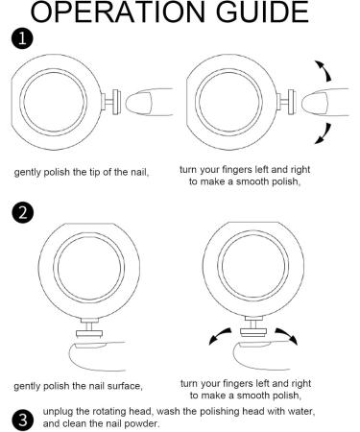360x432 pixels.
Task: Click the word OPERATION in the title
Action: click(x=117, y=12)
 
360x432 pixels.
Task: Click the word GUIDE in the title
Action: click(x=262, y=12)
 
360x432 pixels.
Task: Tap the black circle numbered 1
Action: click(x=22, y=39)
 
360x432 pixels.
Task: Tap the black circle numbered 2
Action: click(x=22, y=212)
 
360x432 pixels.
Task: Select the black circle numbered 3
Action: click(x=22, y=420)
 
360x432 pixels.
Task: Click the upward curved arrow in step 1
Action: click(x=324, y=70)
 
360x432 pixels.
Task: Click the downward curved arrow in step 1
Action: click(x=324, y=133)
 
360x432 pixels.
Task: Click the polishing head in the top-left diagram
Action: click(x=116, y=102)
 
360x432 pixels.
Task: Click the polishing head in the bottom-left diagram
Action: click(x=89, y=334)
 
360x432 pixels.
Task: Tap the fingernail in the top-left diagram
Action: click(x=138, y=103)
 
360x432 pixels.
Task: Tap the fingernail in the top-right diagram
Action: click(x=315, y=103)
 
